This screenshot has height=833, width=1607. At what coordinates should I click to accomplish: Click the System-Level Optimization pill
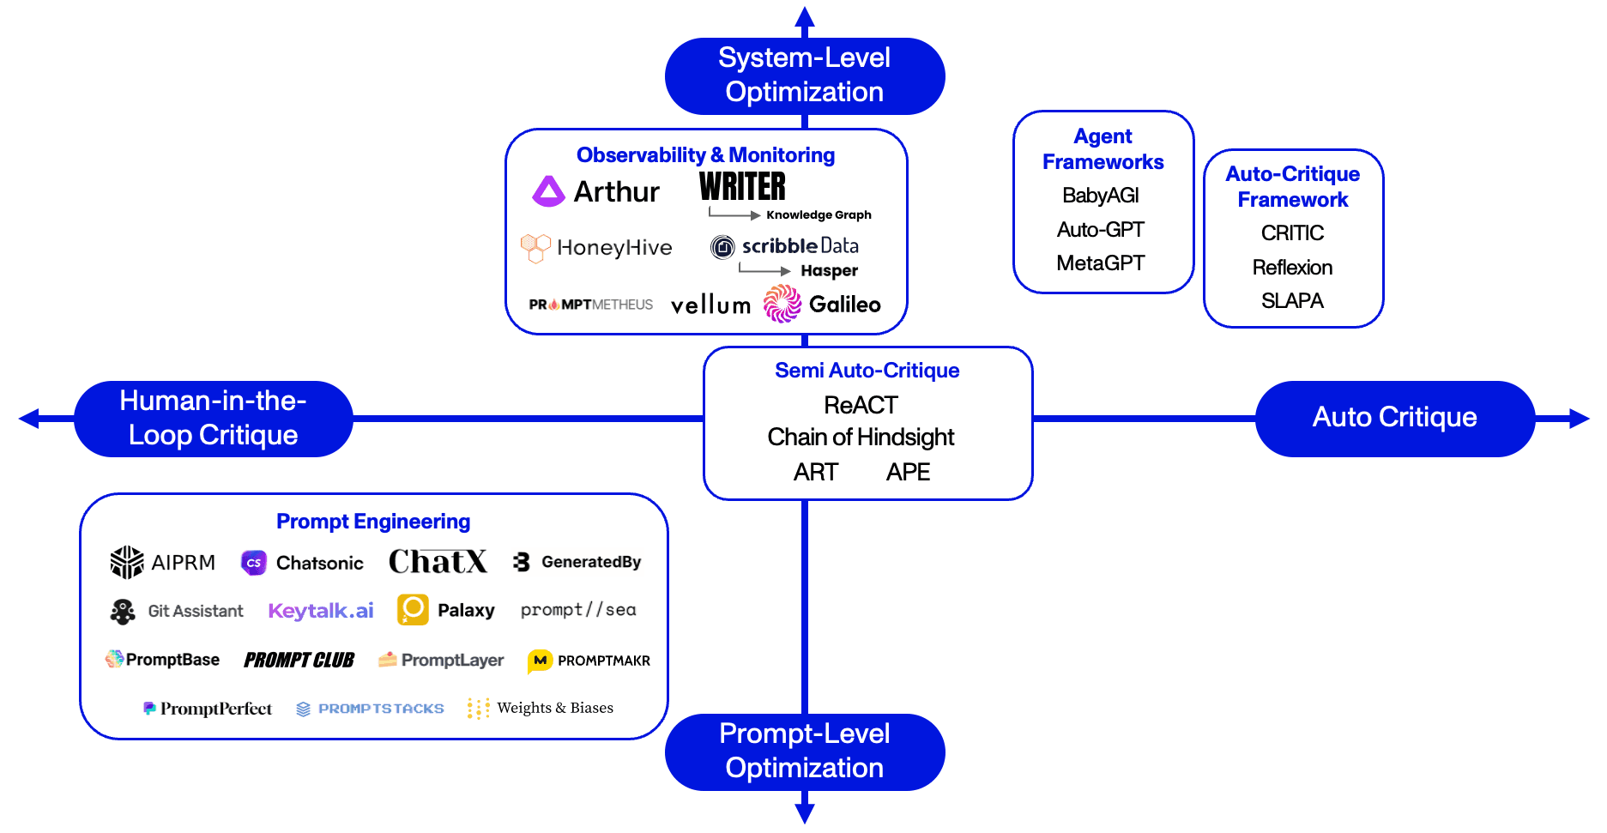point(804,75)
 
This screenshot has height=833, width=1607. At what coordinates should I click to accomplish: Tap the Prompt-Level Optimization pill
point(804,752)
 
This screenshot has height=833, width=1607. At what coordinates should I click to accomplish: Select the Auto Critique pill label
point(1394,418)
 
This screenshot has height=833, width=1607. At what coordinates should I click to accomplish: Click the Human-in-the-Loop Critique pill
point(213,419)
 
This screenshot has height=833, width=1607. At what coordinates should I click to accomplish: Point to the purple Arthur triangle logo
point(548,191)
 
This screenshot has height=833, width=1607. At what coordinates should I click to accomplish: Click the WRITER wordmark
point(742,186)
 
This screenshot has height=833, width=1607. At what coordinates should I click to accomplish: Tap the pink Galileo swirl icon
point(782,304)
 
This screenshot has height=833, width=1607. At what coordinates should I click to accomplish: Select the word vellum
point(710,305)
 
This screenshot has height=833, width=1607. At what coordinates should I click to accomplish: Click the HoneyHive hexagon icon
point(535,248)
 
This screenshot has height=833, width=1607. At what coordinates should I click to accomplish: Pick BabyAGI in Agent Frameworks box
point(1101,196)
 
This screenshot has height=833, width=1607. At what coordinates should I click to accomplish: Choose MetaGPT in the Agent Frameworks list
point(1101,263)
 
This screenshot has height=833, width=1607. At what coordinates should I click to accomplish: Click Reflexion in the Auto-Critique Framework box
point(1292,268)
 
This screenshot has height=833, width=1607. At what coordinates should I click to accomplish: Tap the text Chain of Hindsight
point(861,438)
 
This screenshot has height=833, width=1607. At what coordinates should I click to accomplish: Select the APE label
point(908,473)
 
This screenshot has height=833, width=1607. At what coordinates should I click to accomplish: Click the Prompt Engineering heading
point(373,522)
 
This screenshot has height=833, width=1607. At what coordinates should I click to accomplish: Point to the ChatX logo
point(438,562)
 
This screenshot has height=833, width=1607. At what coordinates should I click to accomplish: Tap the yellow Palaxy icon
point(413,610)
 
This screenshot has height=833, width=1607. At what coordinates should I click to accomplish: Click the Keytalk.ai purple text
point(321,611)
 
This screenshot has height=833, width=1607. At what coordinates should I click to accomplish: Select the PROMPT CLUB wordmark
point(299,660)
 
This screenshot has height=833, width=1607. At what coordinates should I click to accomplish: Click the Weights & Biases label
point(554,708)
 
